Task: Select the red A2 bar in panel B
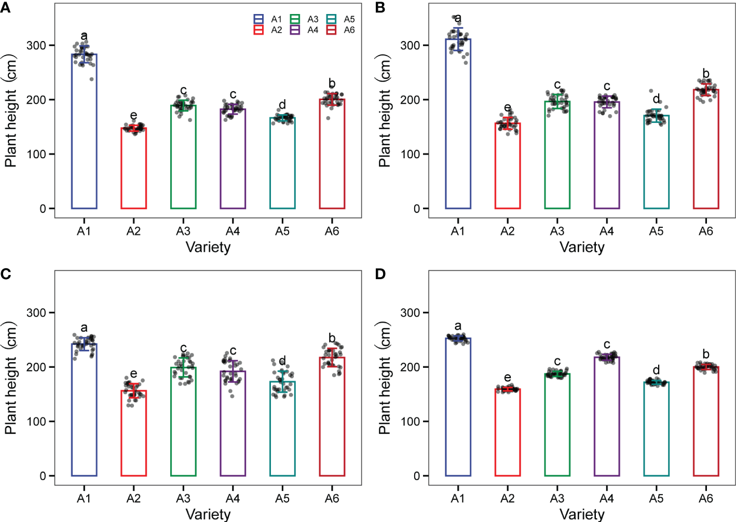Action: click(x=507, y=166)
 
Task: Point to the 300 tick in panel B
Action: click(x=410, y=45)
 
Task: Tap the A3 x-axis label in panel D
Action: click(x=557, y=499)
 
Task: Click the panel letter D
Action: click(x=380, y=274)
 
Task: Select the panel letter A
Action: click(x=6, y=7)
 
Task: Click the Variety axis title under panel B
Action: click(x=582, y=247)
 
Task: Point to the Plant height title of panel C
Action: click(x=11, y=378)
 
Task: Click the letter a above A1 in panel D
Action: click(x=457, y=326)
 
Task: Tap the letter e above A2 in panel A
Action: click(x=133, y=115)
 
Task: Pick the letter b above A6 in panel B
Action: click(x=705, y=73)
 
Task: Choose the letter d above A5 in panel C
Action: click(x=282, y=361)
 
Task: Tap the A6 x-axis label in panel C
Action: click(x=332, y=499)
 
